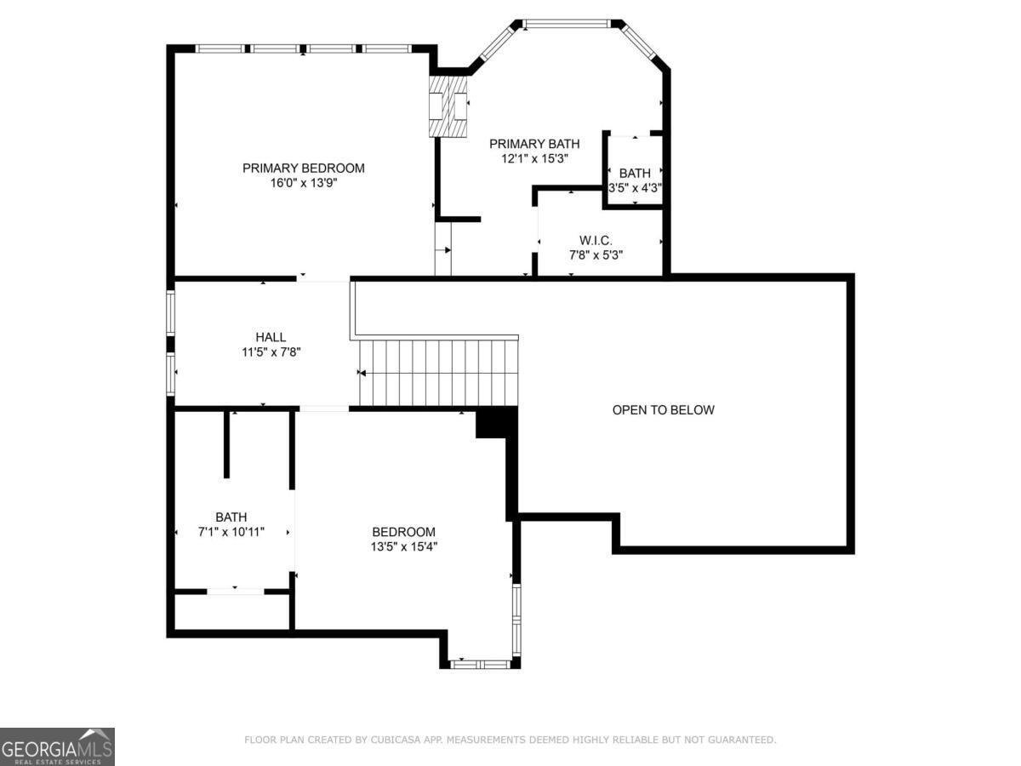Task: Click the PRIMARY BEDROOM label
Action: tap(303, 168)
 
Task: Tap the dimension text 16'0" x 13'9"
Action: tap(303, 182)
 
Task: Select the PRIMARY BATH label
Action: tap(534, 144)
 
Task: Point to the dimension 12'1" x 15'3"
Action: tap(534, 158)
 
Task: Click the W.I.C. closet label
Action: tap(596, 241)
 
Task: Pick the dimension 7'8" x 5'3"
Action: tap(596, 254)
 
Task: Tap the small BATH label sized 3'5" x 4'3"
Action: tap(635, 174)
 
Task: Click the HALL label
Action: tap(271, 337)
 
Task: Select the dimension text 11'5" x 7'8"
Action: tap(271, 351)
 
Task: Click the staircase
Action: tap(438, 373)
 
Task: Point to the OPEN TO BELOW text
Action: tap(664, 410)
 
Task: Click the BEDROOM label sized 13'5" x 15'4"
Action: tap(404, 532)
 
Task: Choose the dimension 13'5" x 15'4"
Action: tap(404, 546)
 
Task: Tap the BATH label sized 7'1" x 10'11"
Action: tap(231, 517)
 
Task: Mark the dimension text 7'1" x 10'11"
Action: tap(231, 531)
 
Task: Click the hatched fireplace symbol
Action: tap(448, 106)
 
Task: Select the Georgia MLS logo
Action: tap(57, 746)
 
